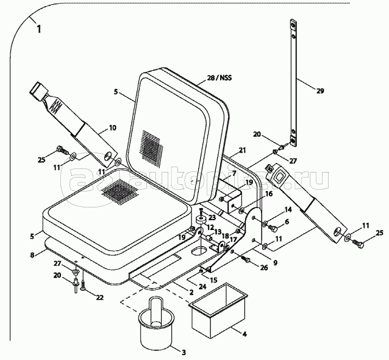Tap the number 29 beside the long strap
320,91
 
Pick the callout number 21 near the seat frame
241,150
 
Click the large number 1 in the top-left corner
40,29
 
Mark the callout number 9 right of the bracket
275,263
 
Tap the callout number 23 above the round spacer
212,217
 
